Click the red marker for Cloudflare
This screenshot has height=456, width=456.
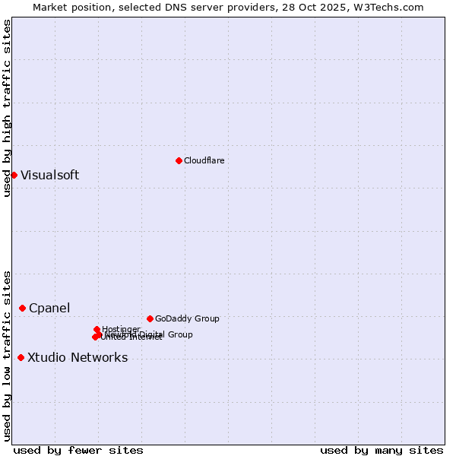(179, 160)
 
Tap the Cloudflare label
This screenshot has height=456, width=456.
(204, 160)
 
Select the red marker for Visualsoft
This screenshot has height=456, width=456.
(14, 175)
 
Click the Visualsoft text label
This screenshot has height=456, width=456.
(49, 175)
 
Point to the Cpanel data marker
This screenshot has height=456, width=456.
(22, 308)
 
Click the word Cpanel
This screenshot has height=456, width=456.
(49, 308)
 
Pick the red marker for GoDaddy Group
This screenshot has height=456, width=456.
(150, 318)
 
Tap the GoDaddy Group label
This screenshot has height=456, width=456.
(187, 318)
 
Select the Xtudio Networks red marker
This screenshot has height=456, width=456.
(21, 357)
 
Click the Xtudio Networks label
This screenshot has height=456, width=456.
(78, 357)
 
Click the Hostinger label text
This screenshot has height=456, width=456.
(121, 329)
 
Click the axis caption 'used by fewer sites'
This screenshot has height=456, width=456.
(78, 450)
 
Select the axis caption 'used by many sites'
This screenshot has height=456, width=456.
(382, 450)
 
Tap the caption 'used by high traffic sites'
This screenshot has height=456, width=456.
(7, 108)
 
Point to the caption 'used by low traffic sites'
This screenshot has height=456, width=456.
(7, 355)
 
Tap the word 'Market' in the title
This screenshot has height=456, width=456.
(50, 7)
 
